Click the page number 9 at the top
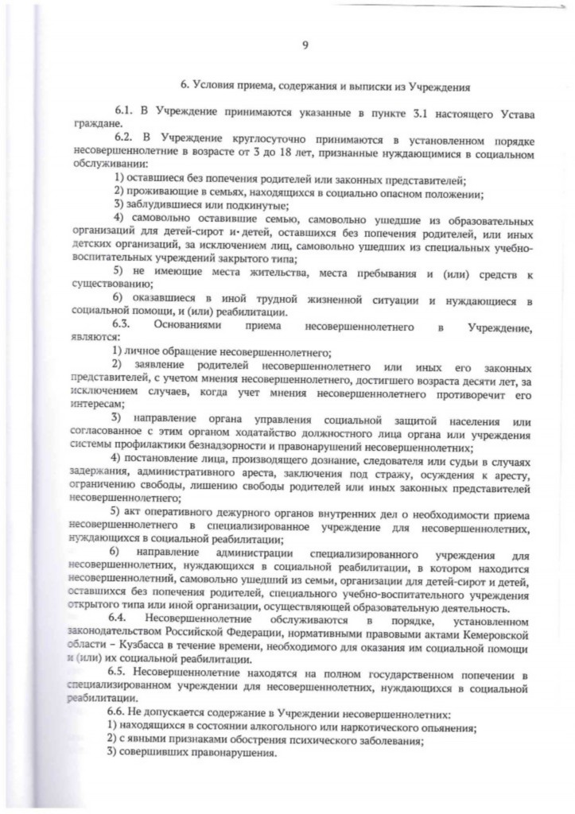click(305, 46)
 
